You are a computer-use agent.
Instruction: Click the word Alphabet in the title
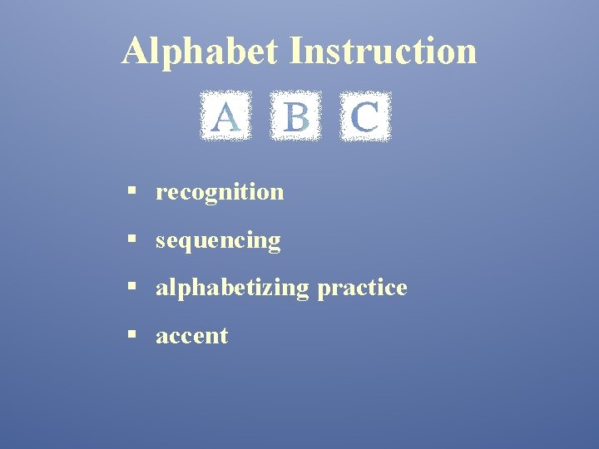pyautogui.click(x=200, y=51)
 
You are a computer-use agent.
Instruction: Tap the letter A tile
pyautogui.click(x=225, y=116)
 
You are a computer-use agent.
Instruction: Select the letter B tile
pyautogui.click(x=295, y=116)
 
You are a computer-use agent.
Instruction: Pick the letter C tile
pyautogui.click(x=365, y=116)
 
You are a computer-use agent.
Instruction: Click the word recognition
pyautogui.click(x=220, y=192)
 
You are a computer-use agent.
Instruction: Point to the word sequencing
pyautogui.click(x=218, y=241)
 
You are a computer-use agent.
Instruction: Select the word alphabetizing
pyautogui.click(x=232, y=288)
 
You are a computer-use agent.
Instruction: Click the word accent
pyautogui.click(x=191, y=336)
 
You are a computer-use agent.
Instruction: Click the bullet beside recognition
pyautogui.click(x=131, y=192)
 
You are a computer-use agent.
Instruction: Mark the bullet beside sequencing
pyautogui.click(x=131, y=240)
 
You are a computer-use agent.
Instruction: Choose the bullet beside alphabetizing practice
pyautogui.click(x=131, y=288)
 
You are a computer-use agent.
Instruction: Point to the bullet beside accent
pyautogui.click(x=131, y=336)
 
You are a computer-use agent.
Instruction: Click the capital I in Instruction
pyautogui.click(x=297, y=51)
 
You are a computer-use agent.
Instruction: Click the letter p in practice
pyautogui.click(x=323, y=290)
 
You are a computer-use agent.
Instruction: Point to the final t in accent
pyautogui.click(x=224, y=336)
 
